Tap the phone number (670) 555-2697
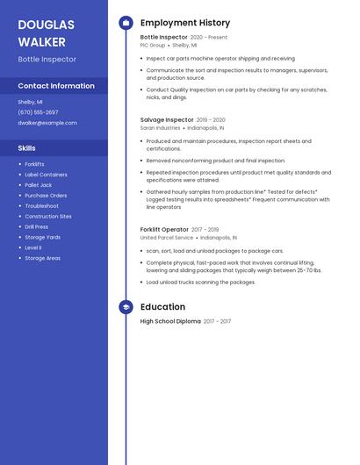tap(38, 112)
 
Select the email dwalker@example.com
tap(47, 123)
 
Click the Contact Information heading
tap(56, 86)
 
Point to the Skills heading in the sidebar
tap(26, 148)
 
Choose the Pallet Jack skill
tap(39, 185)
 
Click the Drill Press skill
tap(37, 226)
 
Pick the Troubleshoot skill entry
tap(41, 206)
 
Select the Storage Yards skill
tap(42, 237)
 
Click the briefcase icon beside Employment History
tap(126, 23)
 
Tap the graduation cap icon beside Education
tap(126, 307)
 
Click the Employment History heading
tap(184, 23)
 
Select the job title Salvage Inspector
tap(167, 119)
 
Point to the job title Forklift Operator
tap(164, 229)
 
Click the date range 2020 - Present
tap(209, 38)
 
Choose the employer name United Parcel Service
tap(166, 237)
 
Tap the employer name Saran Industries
tap(160, 127)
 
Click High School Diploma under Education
tap(170, 321)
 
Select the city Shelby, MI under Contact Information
tap(30, 102)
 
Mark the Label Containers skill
tap(46, 175)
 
